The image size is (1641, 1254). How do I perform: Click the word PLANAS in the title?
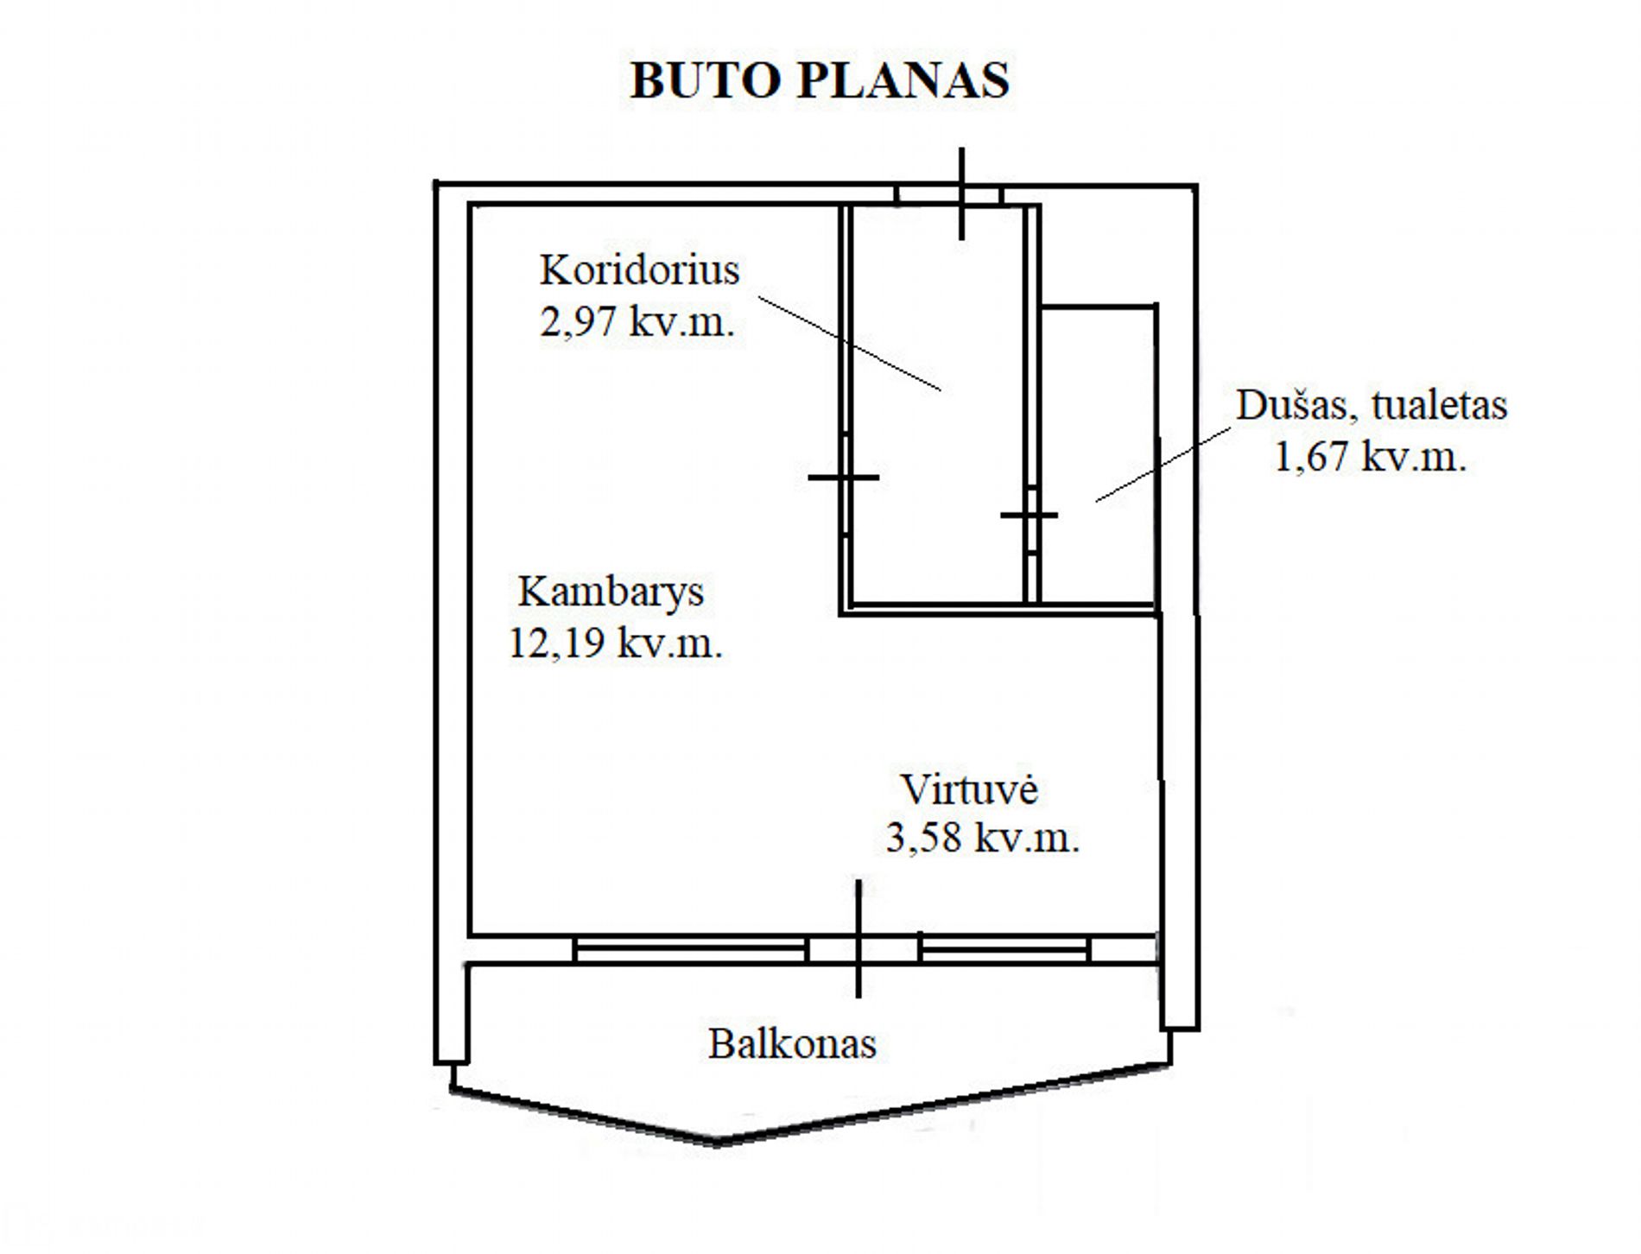903,80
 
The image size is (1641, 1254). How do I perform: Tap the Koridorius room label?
639,269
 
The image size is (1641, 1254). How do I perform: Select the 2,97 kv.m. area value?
637,321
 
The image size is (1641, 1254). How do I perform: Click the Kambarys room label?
611,592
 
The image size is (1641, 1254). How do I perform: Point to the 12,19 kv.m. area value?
615,643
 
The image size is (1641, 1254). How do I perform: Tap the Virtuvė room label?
969,789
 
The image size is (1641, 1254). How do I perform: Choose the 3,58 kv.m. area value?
983,838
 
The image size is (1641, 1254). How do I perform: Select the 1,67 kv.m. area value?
1371,456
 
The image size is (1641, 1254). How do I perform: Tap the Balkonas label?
792,1043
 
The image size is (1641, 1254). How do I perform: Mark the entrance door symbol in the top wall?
961,194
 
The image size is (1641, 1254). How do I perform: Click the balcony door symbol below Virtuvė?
858,940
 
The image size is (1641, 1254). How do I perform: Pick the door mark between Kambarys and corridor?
844,477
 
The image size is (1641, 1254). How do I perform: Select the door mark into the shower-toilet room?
1030,516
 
